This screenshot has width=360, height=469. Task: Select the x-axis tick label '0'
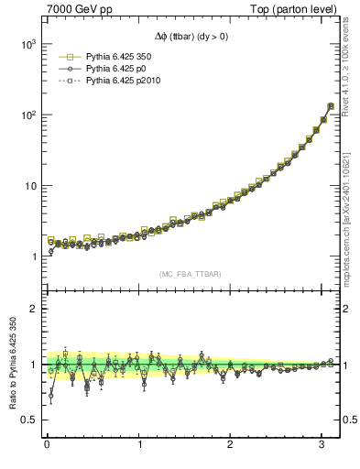click(x=47, y=445)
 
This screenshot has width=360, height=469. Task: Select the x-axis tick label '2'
click(x=231, y=445)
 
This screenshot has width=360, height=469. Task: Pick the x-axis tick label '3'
click(x=322, y=445)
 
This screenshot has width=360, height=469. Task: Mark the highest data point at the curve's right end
click(x=330, y=105)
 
